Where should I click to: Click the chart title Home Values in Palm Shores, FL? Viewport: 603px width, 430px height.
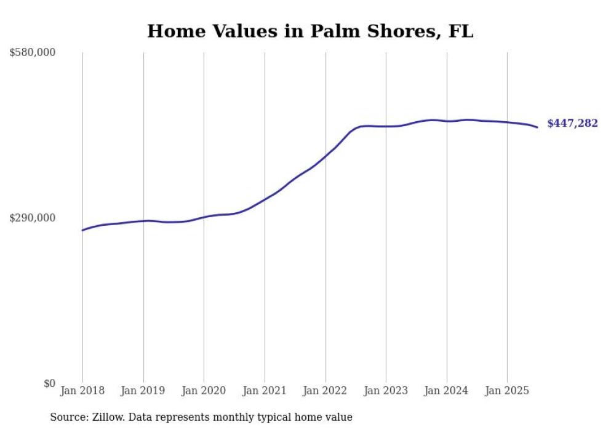(310, 31)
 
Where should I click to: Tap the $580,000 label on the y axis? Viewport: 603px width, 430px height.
(33, 53)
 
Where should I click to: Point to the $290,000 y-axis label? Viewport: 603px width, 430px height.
(33, 218)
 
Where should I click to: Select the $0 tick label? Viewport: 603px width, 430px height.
(49, 383)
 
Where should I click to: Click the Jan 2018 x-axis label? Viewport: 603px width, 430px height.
(82, 391)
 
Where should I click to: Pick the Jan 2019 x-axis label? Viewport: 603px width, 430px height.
(143, 391)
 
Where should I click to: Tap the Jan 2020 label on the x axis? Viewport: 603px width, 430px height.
(204, 391)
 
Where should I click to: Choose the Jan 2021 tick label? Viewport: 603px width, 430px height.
(265, 391)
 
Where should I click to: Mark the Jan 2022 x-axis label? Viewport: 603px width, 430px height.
(325, 391)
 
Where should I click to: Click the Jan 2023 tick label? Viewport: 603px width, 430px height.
(386, 391)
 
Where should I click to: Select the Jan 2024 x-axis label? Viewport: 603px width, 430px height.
(447, 391)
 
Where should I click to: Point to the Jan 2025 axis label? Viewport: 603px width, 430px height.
(507, 391)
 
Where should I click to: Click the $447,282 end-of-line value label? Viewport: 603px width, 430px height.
(572, 124)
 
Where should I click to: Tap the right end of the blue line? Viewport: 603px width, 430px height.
(537, 127)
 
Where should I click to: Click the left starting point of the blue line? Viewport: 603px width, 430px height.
(82, 230)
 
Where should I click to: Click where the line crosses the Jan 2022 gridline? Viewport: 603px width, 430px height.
(325, 156)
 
